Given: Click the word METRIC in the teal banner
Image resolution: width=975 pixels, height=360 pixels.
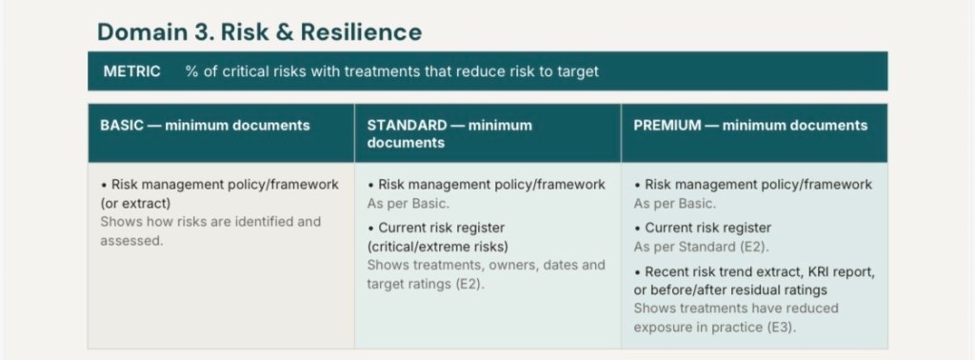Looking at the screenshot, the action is [131, 71].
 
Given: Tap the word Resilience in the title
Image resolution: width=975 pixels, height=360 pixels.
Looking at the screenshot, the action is [361, 32].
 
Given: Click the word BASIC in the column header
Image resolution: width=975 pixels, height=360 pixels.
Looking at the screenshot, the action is [121, 126].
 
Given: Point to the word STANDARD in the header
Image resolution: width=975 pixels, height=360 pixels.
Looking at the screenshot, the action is [407, 126].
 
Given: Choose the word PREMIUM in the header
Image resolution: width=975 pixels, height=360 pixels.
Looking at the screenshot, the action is [667, 126].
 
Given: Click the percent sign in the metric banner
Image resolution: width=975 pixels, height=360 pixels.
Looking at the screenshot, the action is [191, 71].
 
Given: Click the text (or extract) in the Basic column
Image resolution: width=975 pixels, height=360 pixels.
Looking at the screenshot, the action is [135, 204].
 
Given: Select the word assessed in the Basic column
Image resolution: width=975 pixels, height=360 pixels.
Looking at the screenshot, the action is [129, 241].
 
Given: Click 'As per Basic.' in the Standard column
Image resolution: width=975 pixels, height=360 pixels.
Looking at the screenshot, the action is [408, 203].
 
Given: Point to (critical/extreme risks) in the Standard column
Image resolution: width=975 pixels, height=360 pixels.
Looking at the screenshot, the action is [437, 247].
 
